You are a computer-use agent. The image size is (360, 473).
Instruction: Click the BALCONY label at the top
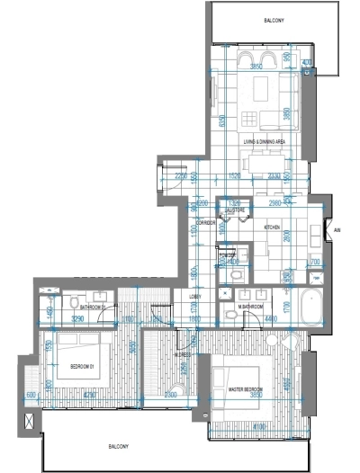[274, 20]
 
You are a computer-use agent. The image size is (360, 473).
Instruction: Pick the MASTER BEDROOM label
[245, 389]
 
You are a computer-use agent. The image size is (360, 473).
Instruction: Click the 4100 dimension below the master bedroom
[260, 426]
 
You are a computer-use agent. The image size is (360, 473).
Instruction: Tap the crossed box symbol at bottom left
[33, 420]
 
